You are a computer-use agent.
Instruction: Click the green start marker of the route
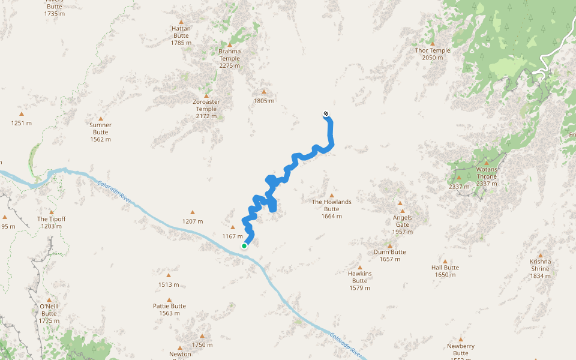tap(244, 246)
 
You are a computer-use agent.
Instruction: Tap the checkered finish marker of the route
tap(326, 113)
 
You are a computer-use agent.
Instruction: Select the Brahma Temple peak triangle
tap(229, 44)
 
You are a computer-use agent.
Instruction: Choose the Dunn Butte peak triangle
tap(389, 245)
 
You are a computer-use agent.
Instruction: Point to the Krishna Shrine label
tap(540, 265)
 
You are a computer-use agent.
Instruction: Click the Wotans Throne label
tap(487, 173)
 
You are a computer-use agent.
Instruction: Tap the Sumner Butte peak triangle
tap(101, 119)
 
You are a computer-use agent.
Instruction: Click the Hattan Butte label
tap(181, 32)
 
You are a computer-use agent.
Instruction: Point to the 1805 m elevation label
tap(264, 101)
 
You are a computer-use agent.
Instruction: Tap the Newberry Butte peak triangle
tap(461, 340)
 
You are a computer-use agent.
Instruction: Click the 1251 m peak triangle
tap(22, 114)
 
